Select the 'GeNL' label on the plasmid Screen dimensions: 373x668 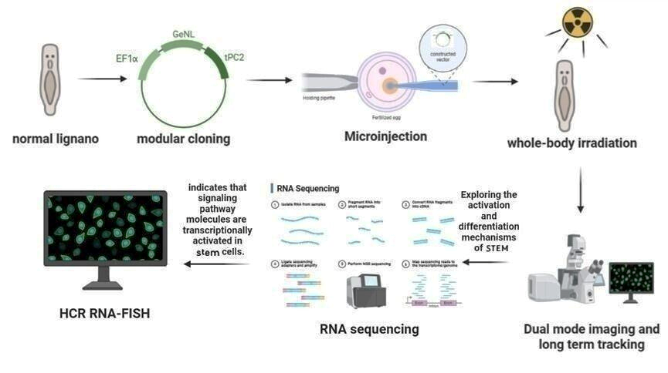[x=183, y=35]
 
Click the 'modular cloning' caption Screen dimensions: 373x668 [x=183, y=139]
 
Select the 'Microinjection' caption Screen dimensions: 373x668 [x=385, y=136]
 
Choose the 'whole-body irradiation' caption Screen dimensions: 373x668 [x=571, y=143]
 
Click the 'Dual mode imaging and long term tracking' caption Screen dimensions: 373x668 [x=592, y=337]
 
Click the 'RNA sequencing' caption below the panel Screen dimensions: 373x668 [x=369, y=329]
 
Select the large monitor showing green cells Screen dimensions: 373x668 [x=104, y=231]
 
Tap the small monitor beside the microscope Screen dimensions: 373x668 [x=631, y=279]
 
